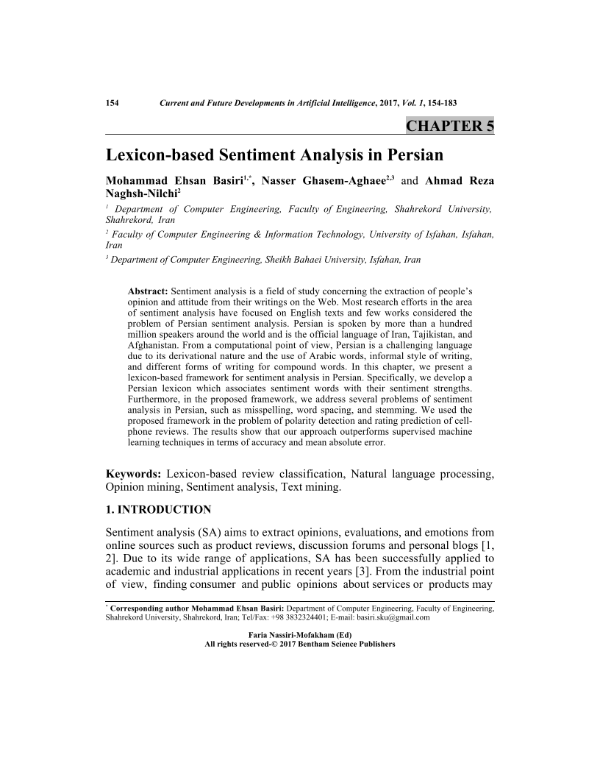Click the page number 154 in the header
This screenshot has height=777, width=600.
click(113, 103)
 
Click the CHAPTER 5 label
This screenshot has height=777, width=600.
click(449, 126)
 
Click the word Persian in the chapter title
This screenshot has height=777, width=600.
click(407, 155)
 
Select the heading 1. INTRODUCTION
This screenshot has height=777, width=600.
click(158, 509)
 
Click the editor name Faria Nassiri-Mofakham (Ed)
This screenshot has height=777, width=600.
click(301, 634)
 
